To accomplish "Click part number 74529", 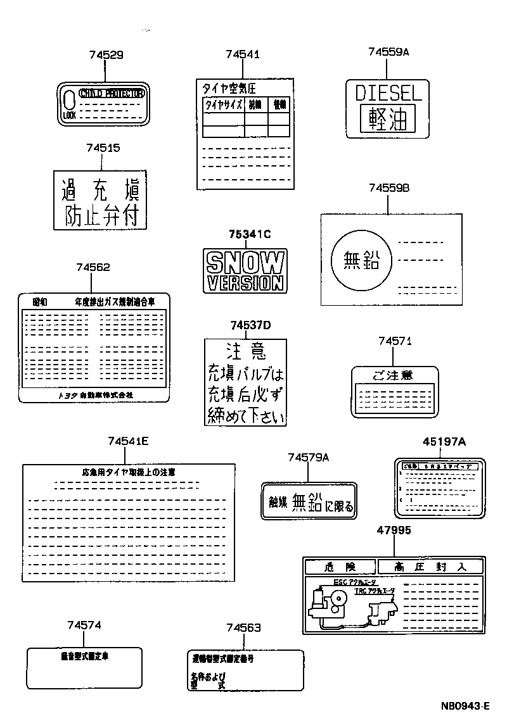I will coord(105,55).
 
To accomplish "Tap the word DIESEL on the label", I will coord(388,94).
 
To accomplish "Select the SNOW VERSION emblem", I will coord(244,270).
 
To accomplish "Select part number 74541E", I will coord(128,441).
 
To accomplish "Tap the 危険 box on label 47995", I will coord(340,567).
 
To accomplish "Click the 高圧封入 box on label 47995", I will coord(430,567).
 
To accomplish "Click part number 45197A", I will coord(444,442).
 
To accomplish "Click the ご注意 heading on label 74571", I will coord(393,375).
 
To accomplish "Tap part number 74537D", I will coord(250,325).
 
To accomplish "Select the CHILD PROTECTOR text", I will coord(112,94).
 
